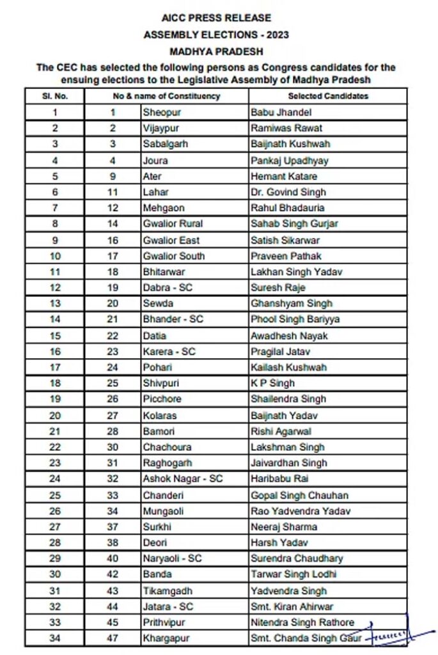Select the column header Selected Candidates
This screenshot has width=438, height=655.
pyautogui.click(x=328, y=96)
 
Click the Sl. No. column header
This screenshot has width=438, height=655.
pyautogui.click(x=55, y=96)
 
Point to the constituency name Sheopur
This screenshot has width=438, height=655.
pyautogui.click(x=160, y=113)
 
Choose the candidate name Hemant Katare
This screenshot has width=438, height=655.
pyautogui.click(x=285, y=176)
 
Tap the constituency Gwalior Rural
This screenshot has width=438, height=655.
pyautogui.click(x=173, y=224)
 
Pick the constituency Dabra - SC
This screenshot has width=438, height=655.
pyautogui.click(x=168, y=288)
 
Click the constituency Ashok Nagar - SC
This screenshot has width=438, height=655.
pyautogui.click(x=183, y=478)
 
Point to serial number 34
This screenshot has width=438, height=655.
pyautogui.click(x=55, y=638)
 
